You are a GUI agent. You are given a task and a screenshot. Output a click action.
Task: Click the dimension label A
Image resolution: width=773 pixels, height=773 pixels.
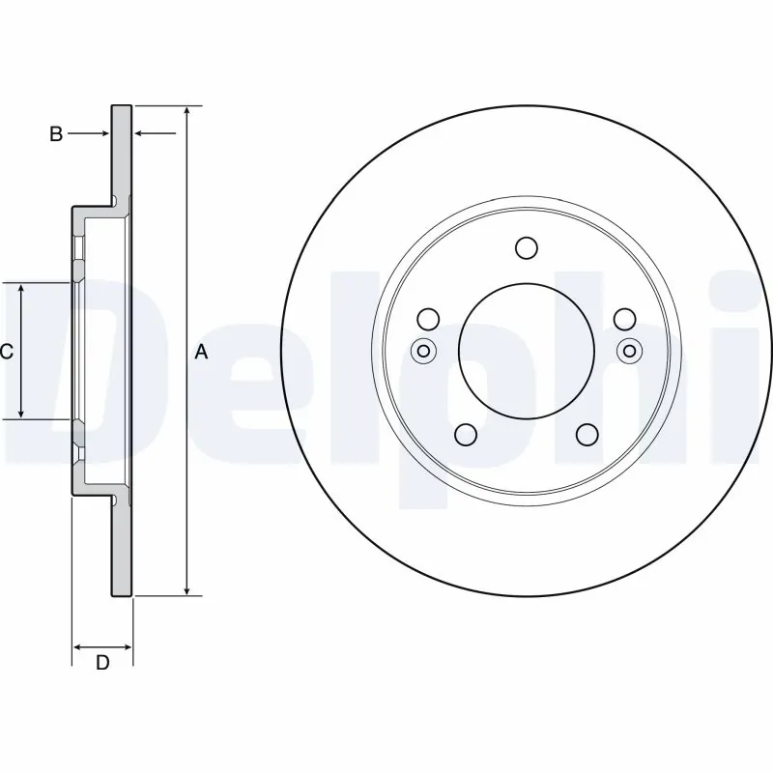point(201,353)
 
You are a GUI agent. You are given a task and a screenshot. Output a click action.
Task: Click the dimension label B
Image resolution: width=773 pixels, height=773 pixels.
point(56,134)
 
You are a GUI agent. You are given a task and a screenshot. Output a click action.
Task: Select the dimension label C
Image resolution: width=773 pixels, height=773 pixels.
point(6,353)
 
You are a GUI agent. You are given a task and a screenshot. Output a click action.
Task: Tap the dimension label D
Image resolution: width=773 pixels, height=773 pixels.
point(101,663)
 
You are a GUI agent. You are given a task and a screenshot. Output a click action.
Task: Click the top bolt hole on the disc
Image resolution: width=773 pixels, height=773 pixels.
point(526,248)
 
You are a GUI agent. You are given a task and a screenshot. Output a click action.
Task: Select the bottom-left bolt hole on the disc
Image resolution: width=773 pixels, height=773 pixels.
point(466,436)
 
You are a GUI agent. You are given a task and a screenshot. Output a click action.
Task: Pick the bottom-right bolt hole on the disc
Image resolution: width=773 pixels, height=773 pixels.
point(587,436)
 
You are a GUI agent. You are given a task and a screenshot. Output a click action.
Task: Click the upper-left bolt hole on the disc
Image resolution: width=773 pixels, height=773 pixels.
point(428,319)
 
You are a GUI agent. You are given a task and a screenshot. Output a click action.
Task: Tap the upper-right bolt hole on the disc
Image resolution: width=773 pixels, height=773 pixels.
point(624,319)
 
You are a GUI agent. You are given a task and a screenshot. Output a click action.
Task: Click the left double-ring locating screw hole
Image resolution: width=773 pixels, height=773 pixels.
point(422,351)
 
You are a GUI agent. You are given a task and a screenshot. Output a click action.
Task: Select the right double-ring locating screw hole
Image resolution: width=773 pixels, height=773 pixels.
point(630,351)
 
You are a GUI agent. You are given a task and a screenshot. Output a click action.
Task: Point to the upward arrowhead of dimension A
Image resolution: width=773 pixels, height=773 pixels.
point(187,111)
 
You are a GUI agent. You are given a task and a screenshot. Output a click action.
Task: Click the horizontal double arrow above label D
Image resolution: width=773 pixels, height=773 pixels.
point(102,644)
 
